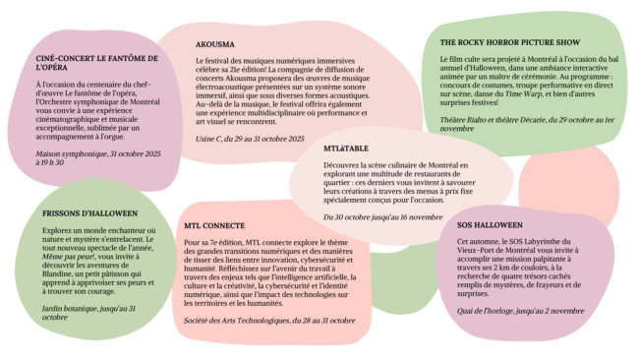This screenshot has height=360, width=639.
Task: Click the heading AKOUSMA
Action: click(x=214, y=44)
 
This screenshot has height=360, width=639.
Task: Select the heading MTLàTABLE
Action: click(x=343, y=148)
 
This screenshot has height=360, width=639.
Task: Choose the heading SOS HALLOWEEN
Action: click(x=489, y=224)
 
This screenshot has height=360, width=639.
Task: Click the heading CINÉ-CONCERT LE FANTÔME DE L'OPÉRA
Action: click(x=96, y=64)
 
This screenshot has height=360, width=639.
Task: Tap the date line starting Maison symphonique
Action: click(x=95, y=158)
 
